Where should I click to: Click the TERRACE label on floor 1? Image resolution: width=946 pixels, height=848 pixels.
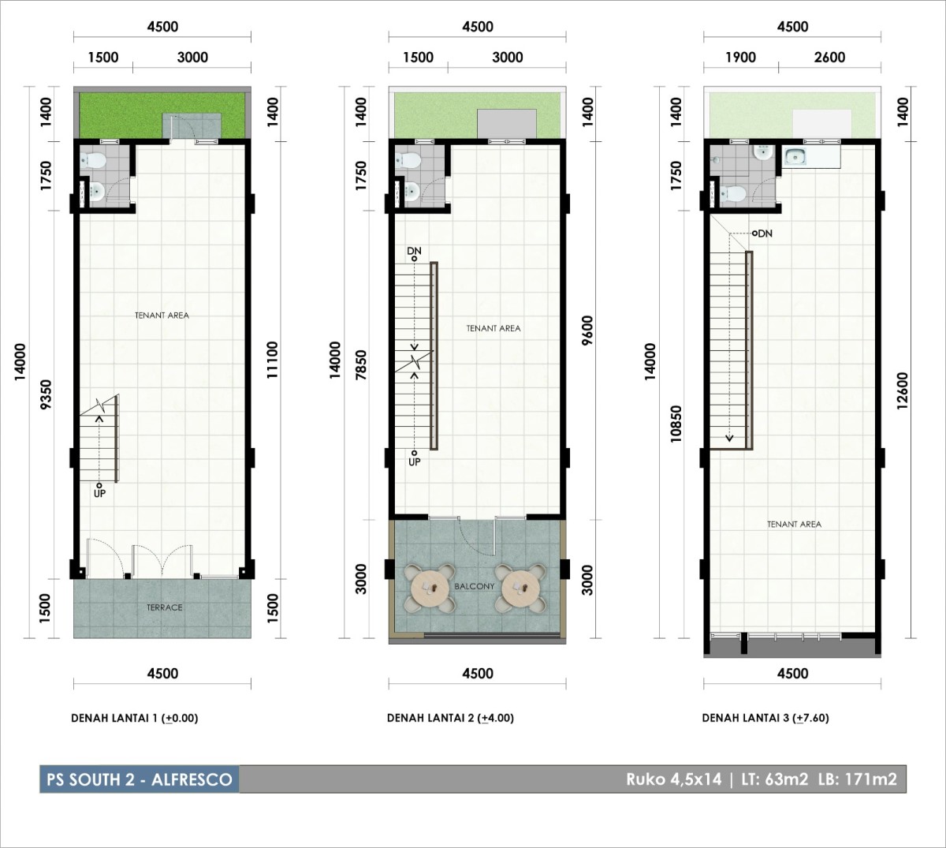164,607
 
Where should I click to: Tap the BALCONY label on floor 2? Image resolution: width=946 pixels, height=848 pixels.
475,586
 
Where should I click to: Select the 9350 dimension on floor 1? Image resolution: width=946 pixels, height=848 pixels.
46,394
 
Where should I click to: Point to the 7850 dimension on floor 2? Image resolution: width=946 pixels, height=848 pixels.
361,365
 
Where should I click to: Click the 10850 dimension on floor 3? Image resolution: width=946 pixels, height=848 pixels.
676,424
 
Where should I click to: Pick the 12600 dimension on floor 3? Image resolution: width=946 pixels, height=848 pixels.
903,390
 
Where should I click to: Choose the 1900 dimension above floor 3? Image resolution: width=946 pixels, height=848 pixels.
740,58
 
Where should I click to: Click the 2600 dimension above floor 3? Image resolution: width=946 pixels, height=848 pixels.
829,58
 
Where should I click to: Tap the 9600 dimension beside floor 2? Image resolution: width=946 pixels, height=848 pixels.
587,330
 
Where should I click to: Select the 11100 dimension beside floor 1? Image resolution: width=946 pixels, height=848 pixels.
273,360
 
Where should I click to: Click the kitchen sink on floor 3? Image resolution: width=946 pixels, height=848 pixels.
795,157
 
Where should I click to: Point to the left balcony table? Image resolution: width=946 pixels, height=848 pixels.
430,588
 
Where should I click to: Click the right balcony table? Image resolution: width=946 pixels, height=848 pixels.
521,588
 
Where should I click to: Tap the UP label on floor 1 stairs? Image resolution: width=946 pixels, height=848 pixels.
99,493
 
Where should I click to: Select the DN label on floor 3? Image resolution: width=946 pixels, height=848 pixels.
765,233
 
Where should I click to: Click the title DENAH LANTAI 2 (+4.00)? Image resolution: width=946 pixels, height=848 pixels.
450,718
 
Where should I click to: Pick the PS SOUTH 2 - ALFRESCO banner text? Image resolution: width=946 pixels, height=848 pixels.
140,779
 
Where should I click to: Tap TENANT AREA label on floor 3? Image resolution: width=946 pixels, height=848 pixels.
795,525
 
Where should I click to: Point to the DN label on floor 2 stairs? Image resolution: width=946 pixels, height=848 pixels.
414,251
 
